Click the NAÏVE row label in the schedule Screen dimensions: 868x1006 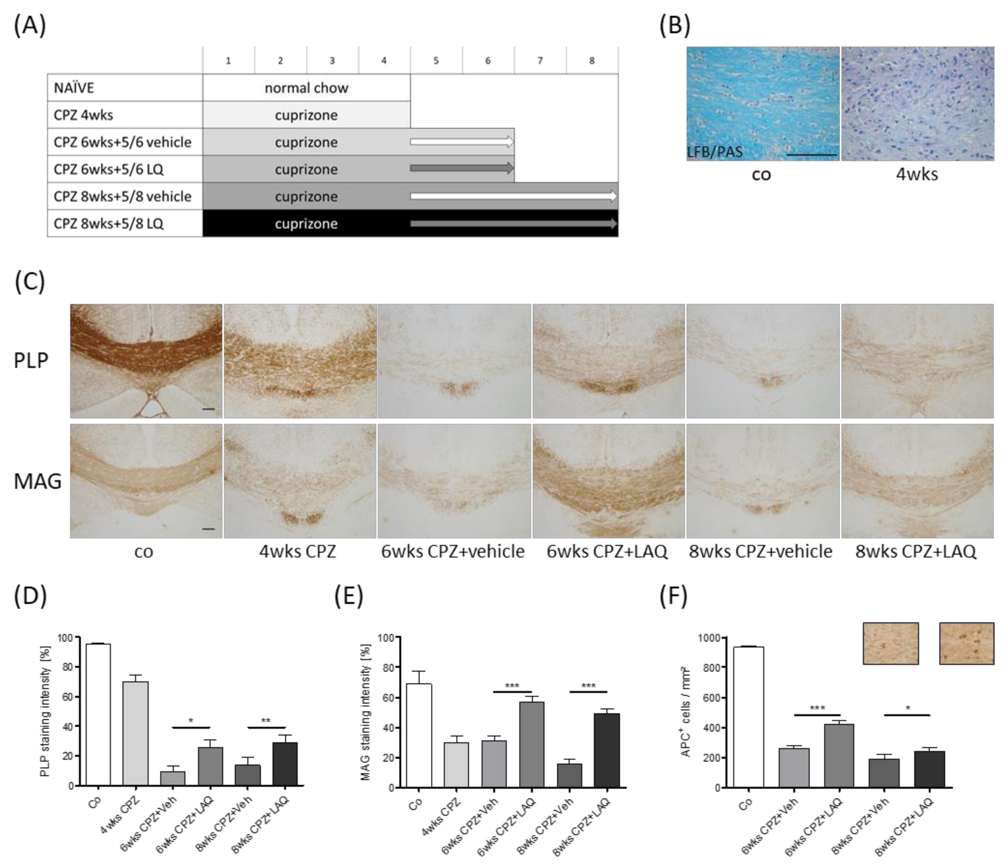pos(74,88)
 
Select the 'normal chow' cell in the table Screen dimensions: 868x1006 pos(306,88)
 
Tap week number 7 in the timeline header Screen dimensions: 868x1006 pos(540,61)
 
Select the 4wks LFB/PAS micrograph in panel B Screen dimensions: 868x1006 pos(918,103)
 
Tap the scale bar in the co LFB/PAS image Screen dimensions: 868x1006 pos(811,155)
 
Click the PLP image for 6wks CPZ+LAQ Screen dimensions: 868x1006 pos(608,361)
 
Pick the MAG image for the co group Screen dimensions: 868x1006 pos(146,481)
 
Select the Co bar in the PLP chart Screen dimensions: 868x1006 pos(98,714)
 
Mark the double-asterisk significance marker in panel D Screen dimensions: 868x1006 pos(266,721)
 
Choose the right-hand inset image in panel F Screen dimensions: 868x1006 pos(966,643)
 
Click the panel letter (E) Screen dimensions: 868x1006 pos(349,597)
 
